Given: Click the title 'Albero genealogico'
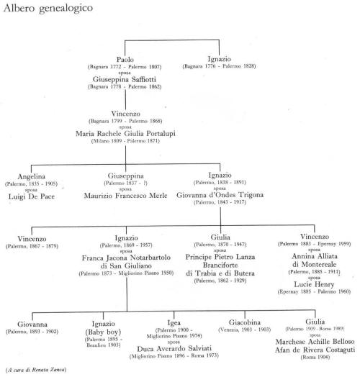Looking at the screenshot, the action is [48, 8].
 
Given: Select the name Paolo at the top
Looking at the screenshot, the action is [125, 60].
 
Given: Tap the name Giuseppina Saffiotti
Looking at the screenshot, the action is [125, 79].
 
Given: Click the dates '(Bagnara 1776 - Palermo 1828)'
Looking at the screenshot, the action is [219, 66].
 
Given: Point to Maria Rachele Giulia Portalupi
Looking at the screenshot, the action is [125, 133].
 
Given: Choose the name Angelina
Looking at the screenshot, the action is [31, 177].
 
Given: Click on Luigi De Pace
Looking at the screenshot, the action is [32, 196].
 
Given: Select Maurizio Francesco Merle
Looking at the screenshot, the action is [125, 196].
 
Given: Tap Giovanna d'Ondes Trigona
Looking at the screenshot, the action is [220, 195].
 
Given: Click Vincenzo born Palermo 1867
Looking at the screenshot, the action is [32, 239].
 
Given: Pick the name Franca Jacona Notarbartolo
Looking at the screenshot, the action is [126, 258].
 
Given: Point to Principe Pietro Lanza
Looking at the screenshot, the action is [220, 257].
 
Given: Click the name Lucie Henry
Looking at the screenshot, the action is [314, 284].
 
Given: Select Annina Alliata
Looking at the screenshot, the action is [315, 256].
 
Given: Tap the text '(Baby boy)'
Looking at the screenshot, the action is [103, 332].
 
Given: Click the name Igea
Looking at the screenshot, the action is [174, 323].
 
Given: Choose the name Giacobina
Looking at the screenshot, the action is [245, 322].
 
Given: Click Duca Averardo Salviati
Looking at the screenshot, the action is [174, 349].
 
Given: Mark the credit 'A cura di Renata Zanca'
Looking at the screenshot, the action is [36, 370].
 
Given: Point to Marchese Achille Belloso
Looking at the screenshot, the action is [315, 342].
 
